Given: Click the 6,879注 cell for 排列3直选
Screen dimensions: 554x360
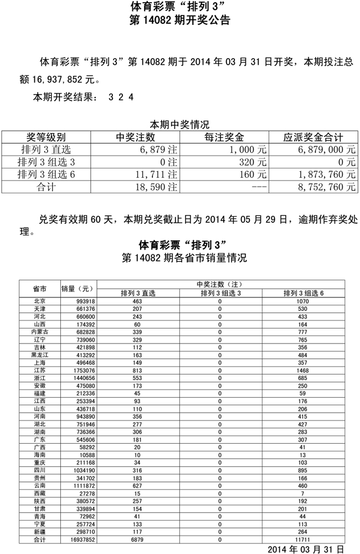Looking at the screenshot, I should pyautogui.click(x=158, y=150).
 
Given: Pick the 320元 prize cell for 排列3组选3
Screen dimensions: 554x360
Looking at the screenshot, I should pyautogui.click(x=255, y=162).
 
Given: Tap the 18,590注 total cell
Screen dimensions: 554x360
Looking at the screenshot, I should pyautogui.click(x=158, y=187).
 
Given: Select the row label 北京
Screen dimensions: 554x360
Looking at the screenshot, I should pyautogui.click(x=40, y=301).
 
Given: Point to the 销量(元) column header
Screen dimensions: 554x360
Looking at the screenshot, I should pyautogui.click(x=79, y=289).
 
